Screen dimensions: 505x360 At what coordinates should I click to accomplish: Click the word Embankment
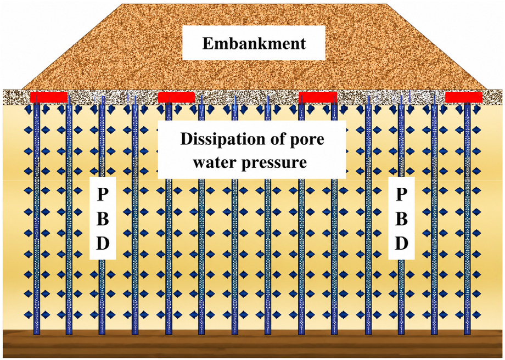click(x=254, y=43)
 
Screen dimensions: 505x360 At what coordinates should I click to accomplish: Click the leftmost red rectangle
click(x=49, y=97)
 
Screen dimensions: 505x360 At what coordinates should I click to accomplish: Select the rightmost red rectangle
click(x=464, y=97)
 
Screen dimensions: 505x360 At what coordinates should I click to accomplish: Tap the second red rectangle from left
click(x=177, y=97)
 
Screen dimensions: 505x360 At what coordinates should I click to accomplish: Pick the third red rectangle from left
click(x=318, y=97)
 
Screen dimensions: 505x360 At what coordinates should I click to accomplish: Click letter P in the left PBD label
click(x=103, y=194)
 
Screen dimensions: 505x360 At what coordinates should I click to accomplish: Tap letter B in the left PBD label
click(x=103, y=219)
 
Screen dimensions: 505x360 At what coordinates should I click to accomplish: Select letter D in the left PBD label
click(x=103, y=244)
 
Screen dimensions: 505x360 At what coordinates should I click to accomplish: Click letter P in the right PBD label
click(x=401, y=194)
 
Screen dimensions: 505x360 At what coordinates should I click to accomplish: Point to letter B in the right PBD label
click(x=401, y=219)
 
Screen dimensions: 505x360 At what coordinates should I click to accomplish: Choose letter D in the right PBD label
click(x=402, y=244)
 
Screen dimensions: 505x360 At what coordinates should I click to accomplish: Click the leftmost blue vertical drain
click(x=36, y=217)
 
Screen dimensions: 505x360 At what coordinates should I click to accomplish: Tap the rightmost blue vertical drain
click(x=467, y=217)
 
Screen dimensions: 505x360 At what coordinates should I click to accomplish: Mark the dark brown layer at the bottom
click(x=252, y=344)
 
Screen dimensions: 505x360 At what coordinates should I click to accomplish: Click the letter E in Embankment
click(x=207, y=43)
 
